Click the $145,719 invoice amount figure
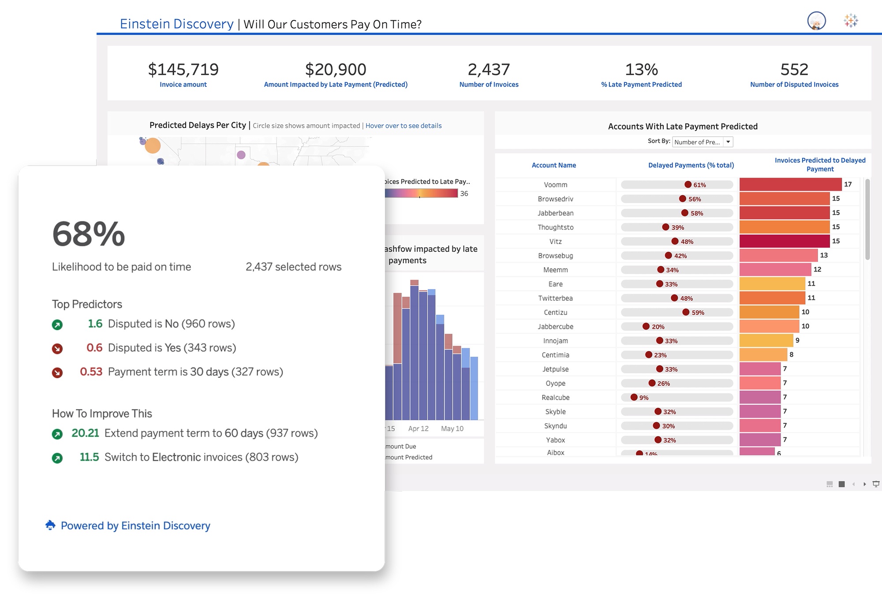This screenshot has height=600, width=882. (183, 69)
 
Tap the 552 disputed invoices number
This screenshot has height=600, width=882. (794, 69)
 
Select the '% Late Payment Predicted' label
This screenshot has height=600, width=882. (641, 85)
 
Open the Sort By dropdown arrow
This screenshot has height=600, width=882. (728, 142)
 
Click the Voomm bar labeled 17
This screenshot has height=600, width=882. (790, 184)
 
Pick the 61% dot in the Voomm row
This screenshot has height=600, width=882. (688, 185)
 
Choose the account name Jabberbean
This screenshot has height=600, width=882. (555, 213)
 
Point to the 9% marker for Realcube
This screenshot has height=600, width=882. (634, 397)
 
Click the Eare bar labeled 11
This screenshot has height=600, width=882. (772, 283)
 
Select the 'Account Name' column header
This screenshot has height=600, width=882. (553, 165)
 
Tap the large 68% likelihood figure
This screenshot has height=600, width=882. (89, 234)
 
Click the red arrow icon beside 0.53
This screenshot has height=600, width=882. (57, 373)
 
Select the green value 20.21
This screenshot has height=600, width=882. (85, 433)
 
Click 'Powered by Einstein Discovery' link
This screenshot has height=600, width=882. (135, 525)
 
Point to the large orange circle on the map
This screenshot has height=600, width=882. (153, 145)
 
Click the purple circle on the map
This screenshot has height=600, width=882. (241, 155)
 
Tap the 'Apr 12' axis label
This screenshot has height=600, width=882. (418, 429)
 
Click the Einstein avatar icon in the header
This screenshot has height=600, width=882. (816, 21)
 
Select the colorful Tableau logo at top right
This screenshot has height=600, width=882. (851, 20)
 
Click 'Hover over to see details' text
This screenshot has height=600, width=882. (403, 126)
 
